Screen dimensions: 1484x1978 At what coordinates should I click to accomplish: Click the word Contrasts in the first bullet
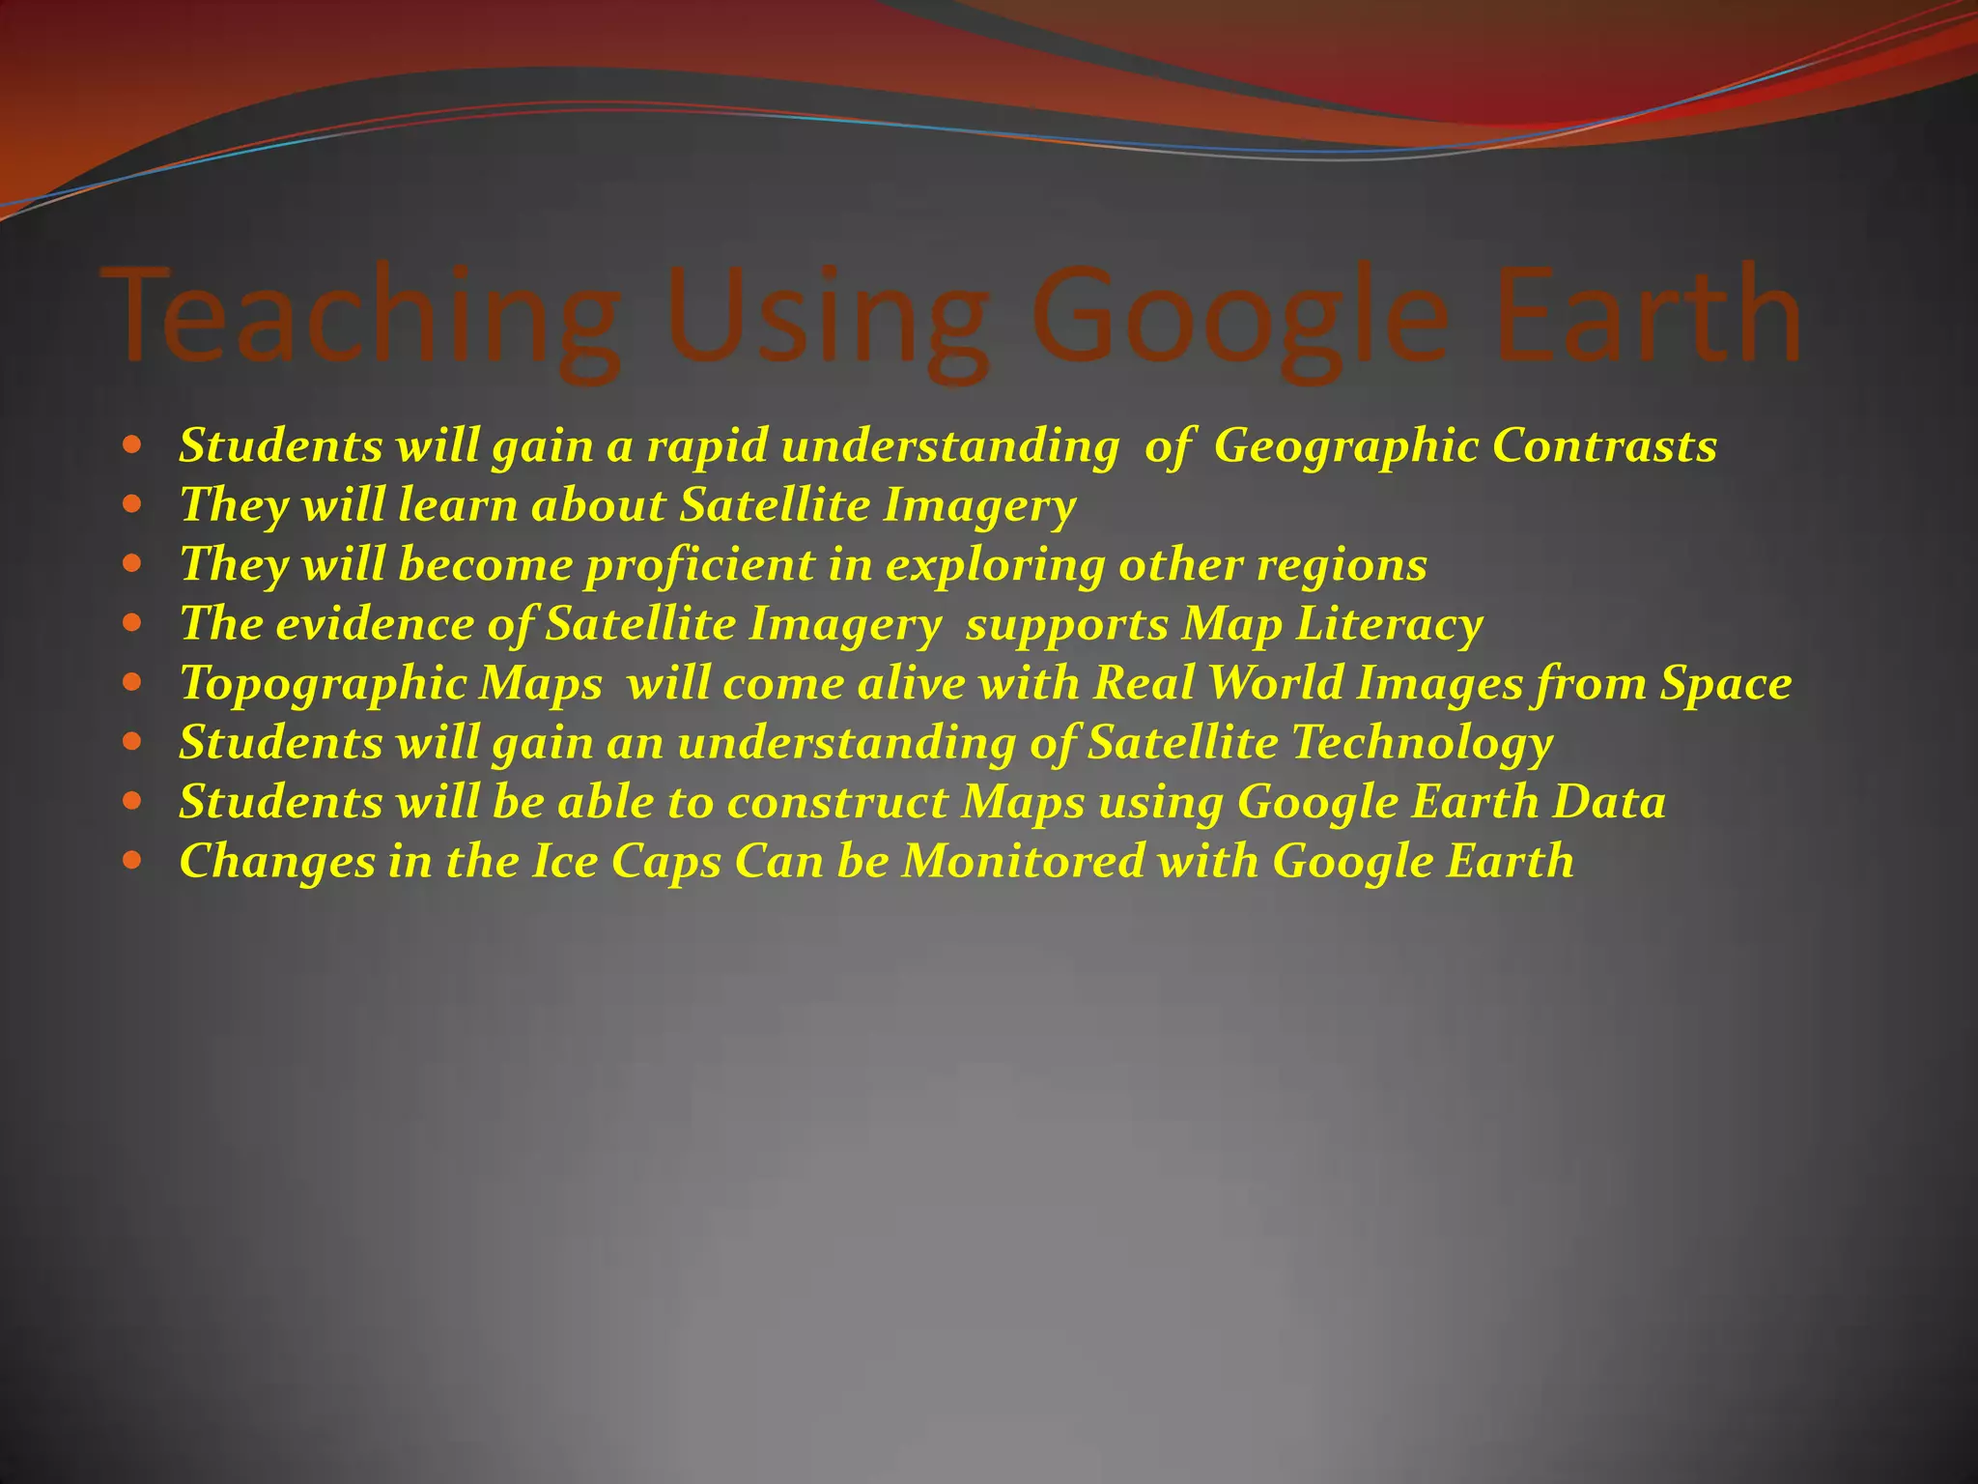(x=1604, y=446)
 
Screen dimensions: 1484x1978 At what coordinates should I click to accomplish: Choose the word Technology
(x=1422, y=744)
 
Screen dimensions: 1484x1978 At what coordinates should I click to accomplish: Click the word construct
(x=837, y=803)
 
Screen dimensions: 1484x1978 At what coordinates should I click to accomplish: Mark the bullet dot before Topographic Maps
(x=133, y=681)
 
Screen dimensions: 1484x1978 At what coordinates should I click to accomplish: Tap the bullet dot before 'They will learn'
(x=133, y=503)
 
